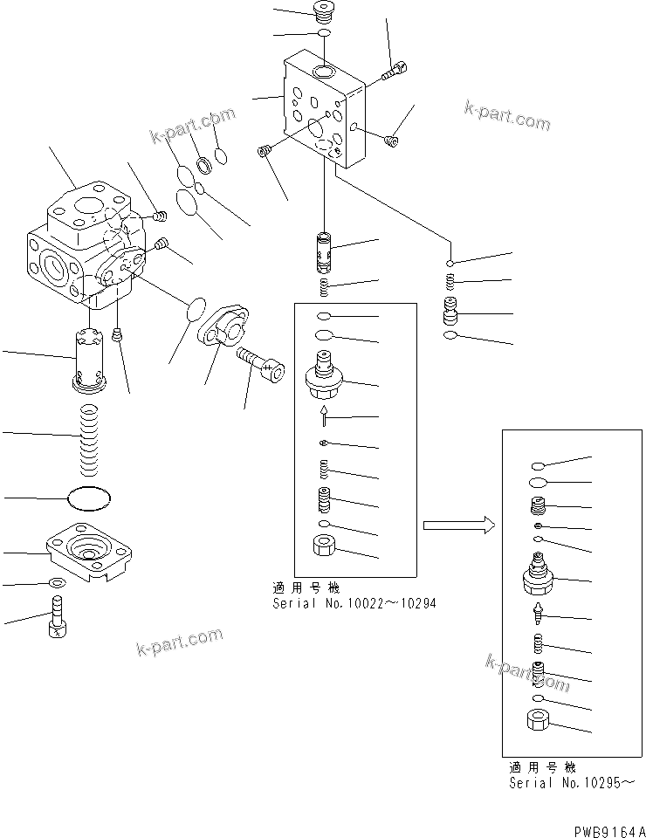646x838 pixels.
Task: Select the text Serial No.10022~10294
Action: click(354, 603)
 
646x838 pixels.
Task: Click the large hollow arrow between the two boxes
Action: click(459, 525)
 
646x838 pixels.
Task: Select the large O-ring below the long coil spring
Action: click(90, 498)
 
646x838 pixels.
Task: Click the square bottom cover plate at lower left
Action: click(91, 551)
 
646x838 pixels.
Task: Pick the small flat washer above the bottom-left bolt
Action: click(57, 583)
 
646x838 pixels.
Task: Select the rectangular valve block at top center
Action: click(323, 109)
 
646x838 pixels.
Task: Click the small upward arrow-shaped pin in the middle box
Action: click(325, 417)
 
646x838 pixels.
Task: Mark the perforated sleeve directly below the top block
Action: click(325, 251)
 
